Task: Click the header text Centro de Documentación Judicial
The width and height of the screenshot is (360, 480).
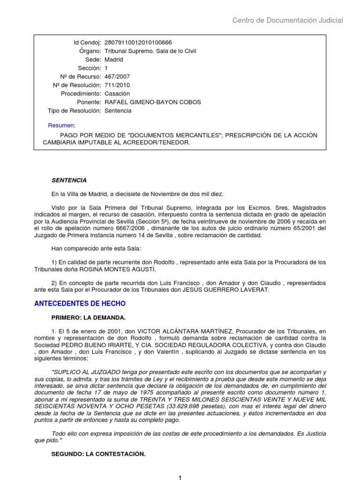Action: (288, 20)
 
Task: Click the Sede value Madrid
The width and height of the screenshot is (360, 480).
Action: (114, 60)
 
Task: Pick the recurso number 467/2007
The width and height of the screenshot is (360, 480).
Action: (117, 77)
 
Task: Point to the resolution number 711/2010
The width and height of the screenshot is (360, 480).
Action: (117, 85)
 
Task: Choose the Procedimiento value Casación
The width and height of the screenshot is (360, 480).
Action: (117, 94)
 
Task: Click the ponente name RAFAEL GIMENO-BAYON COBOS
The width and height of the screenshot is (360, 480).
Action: (146, 102)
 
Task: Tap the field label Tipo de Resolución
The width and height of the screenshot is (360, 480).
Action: (75, 111)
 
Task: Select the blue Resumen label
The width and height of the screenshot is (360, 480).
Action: (61, 126)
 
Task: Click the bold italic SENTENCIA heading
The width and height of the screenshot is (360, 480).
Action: (69, 180)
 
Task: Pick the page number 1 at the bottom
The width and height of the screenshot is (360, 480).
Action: (180, 477)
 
